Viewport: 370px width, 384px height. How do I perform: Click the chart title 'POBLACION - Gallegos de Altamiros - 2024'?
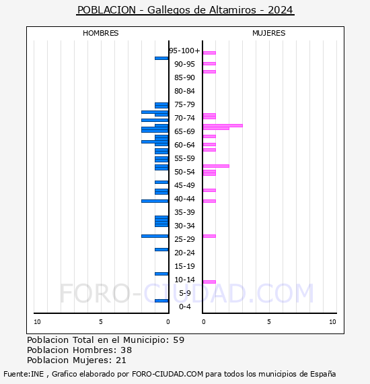click(x=185, y=10)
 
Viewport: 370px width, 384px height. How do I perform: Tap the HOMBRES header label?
click(x=100, y=33)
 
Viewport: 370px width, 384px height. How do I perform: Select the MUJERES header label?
click(x=268, y=33)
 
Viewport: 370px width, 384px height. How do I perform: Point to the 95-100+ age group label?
click(x=184, y=51)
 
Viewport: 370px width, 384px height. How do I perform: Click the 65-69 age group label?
click(x=184, y=131)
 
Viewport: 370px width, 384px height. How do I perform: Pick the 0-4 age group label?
click(x=184, y=307)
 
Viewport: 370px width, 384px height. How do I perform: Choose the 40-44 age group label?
click(x=184, y=199)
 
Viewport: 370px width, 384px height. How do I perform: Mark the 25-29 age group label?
click(x=184, y=239)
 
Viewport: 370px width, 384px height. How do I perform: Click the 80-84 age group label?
click(x=184, y=91)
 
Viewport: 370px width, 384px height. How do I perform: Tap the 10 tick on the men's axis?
click(x=37, y=322)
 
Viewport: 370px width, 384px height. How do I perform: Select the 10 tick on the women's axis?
click(x=332, y=322)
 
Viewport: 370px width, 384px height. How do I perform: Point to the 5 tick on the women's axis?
click(x=268, y=322)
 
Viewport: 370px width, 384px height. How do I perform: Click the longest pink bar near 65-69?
click(x=222, y=125)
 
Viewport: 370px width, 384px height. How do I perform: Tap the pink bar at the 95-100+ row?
click(x=209, y=53)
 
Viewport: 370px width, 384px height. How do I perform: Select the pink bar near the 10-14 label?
click(x=209, y=282)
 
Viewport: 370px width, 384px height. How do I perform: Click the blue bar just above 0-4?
click(x=161, y=300)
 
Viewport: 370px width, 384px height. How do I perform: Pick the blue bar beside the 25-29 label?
click(x=155, y=236)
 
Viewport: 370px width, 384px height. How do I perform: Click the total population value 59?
click(x=178, y=340)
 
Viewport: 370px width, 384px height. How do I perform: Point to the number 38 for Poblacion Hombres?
click(x=126, y=350)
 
